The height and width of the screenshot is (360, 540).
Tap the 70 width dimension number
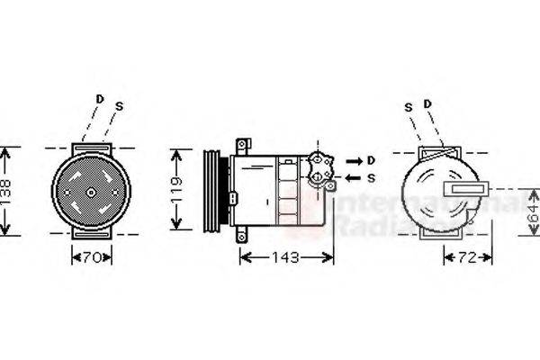click(x=91, y=256)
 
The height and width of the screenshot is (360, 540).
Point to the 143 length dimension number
click(x=286, y=257)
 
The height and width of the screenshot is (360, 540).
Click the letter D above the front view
click(x=99, y=98)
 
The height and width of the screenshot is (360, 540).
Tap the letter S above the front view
click(x=119, y=106)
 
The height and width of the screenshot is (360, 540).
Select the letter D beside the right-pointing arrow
click(x=371, y=160)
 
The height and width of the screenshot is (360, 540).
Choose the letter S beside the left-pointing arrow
click(x=371, y=178)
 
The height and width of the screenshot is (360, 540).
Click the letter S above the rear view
click(x=408, y=106)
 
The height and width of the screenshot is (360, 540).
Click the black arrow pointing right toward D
click(x=353, y=160)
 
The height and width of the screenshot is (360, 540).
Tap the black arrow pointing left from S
click(x=353, y=178)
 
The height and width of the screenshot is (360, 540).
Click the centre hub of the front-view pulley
click(x=91, y=191)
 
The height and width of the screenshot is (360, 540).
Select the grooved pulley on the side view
click(x=215, y=190)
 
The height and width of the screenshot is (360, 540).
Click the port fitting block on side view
click(x=320, y=168)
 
